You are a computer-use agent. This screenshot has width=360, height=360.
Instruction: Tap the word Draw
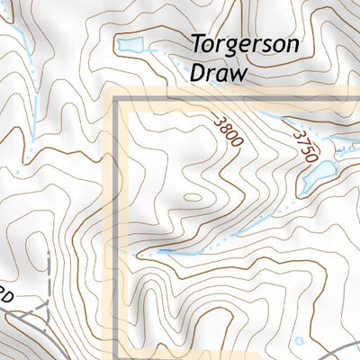coord(218,73)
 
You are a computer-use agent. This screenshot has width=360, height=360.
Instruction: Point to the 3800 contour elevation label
coord(229,133)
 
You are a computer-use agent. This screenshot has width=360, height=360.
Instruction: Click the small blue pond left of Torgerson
coord(129,44)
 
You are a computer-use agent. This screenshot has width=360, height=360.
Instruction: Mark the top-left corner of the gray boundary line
coord(116,105)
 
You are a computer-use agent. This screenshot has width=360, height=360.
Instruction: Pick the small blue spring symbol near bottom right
coord(300,339)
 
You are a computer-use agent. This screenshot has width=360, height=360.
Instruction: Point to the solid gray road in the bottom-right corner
coord(346,351)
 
